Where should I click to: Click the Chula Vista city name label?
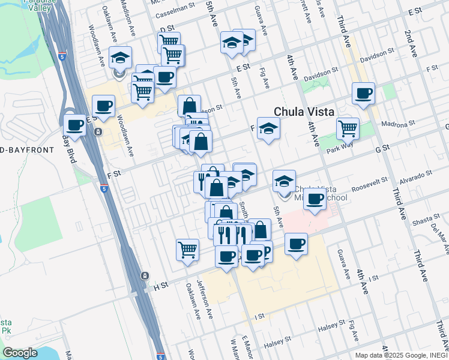pyautogui.click(x=304, y=112)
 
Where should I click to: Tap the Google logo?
pyautogui.click(x=20, y=353)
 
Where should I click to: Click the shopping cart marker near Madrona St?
pyautogui.click(x=348, y=127)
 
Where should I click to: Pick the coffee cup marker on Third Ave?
pyautogui.click(x=363, y=94)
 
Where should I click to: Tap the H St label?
pyautogui.click(x=160, y=287)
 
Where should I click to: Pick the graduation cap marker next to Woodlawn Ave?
pyautogui.click(x=120, y=58)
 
